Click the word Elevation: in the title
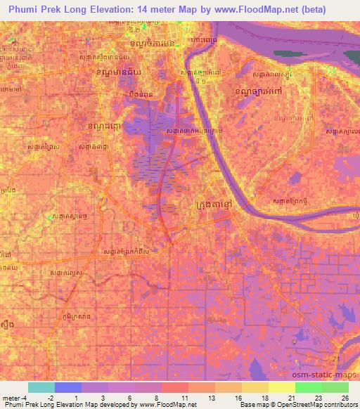[119, 10]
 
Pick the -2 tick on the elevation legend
[50, 398]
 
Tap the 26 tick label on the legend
[344, 398]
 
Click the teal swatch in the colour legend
[41, 387]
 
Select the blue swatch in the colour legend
[68, 387]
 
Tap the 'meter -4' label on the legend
[14, 398]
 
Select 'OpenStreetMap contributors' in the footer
[318, 405]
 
